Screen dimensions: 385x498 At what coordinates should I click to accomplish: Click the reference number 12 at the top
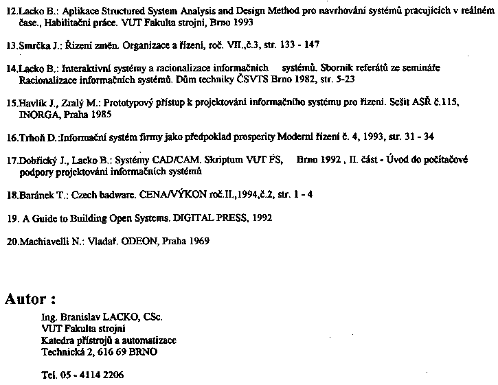click(x=10, y=12)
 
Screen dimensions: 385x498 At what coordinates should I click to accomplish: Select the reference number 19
click(x=10, y=218)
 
